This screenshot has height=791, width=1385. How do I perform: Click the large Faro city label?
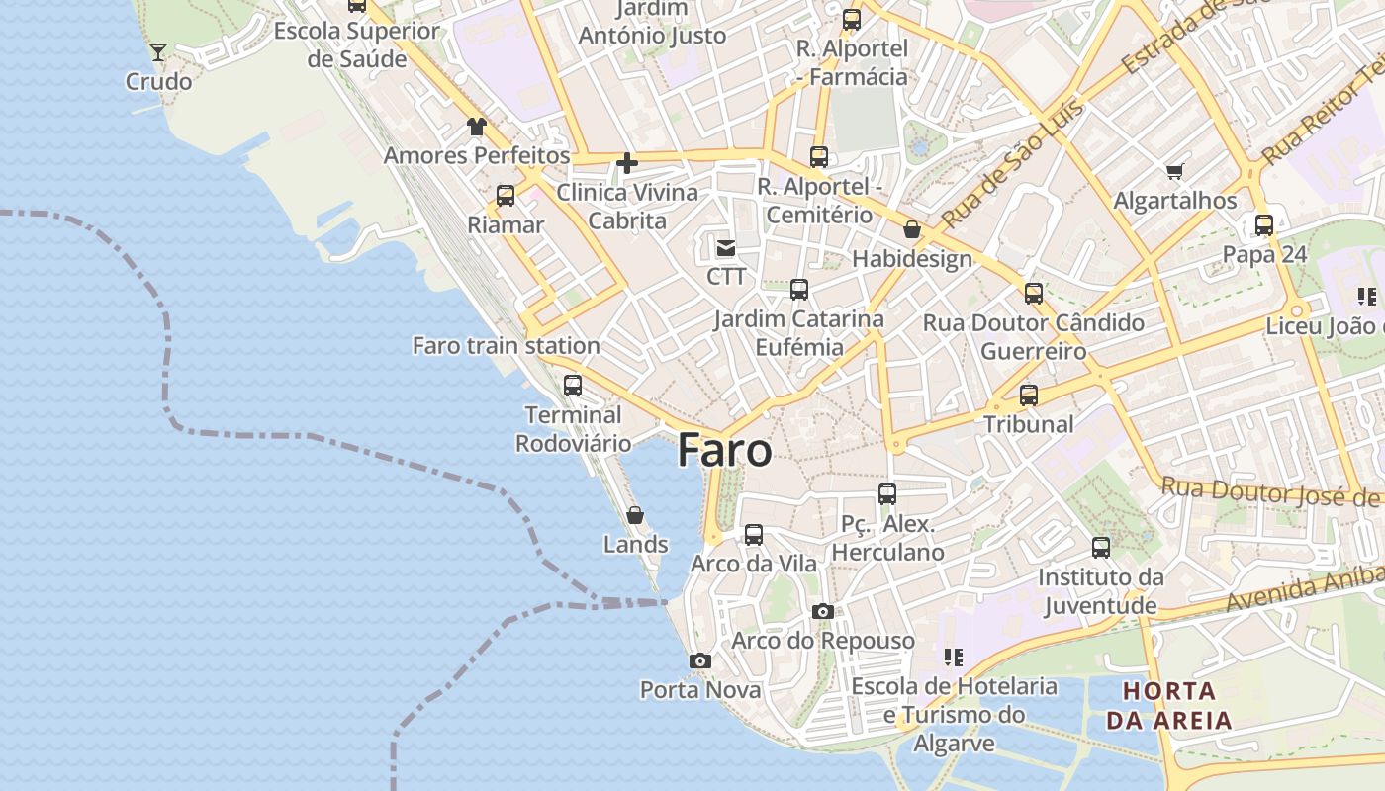click(725, 451)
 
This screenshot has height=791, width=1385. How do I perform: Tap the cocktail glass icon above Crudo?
click(158, 51)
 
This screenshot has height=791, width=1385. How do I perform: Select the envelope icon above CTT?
click(726, 247)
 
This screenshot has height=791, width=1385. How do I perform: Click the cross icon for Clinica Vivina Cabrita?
click(627, 163)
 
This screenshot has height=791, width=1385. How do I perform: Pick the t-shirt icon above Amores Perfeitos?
click(477, 127)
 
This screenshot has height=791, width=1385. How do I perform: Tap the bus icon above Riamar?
click(506, 196)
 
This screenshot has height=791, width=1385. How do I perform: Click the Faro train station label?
click(506, 345)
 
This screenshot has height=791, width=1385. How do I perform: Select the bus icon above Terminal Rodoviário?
click(573, 386)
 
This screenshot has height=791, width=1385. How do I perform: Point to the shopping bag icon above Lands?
click(635, 515)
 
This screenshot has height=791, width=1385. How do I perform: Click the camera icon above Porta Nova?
click(700, 660)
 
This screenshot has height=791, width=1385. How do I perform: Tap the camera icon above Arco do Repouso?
click(823, 611)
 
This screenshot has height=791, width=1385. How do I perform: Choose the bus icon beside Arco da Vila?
click(754, 535)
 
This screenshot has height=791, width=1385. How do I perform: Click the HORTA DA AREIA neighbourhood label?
click(1169, 705)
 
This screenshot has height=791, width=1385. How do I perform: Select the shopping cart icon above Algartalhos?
click(1175, 172)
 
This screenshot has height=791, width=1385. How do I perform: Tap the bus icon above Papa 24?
click(1264, 225)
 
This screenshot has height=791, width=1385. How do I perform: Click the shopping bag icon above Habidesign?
click(912, 229)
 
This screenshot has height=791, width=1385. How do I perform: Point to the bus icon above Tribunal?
click(1029, 395)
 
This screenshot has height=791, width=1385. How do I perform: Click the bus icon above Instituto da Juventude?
click(1101, 548)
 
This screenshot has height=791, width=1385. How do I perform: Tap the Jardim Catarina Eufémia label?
click(799, 333)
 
